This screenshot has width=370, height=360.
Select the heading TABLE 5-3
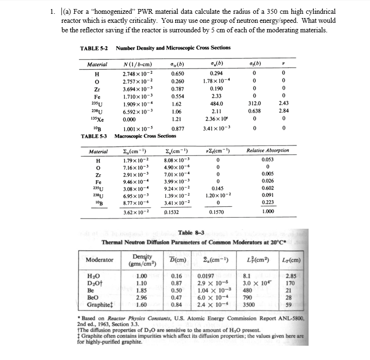(93, 136)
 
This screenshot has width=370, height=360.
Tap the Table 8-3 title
(191, 233)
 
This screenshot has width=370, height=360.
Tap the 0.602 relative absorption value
(268, 188)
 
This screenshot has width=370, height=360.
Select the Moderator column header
(100, 260)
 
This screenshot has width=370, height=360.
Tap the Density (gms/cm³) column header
(142, 260)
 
